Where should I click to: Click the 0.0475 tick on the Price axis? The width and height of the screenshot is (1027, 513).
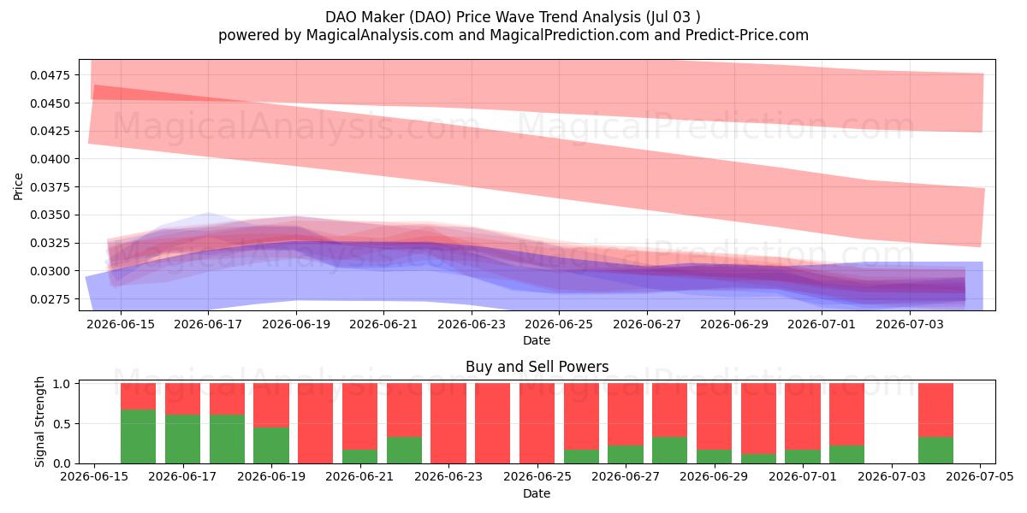50,75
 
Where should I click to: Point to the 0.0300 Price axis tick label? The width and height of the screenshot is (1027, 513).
50,271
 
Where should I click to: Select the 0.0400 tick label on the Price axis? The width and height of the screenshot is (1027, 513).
50,159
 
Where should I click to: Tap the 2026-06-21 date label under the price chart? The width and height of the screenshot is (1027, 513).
383,324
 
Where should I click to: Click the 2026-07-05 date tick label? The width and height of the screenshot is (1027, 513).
980,476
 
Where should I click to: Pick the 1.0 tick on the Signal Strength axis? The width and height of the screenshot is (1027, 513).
62,384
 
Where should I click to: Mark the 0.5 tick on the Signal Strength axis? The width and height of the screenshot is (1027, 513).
62,424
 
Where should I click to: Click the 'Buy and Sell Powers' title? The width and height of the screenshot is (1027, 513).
537,367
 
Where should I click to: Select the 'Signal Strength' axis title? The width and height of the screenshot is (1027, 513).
40,422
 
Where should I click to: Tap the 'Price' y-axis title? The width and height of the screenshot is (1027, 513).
18,186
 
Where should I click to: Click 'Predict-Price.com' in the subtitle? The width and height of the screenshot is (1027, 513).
747,35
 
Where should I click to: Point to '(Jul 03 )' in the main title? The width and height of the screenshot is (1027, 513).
673,17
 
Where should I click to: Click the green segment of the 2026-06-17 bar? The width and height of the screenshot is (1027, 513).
183,439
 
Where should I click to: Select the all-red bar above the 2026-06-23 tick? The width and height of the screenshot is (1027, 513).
448,424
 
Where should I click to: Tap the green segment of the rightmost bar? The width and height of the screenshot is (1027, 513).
935,451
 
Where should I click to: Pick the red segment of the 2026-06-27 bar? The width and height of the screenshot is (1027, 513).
626,415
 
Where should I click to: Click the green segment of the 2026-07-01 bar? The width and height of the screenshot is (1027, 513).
803,457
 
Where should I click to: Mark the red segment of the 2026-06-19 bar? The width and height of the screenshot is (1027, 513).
271,405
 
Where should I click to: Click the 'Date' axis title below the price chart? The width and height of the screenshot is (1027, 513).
537,341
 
